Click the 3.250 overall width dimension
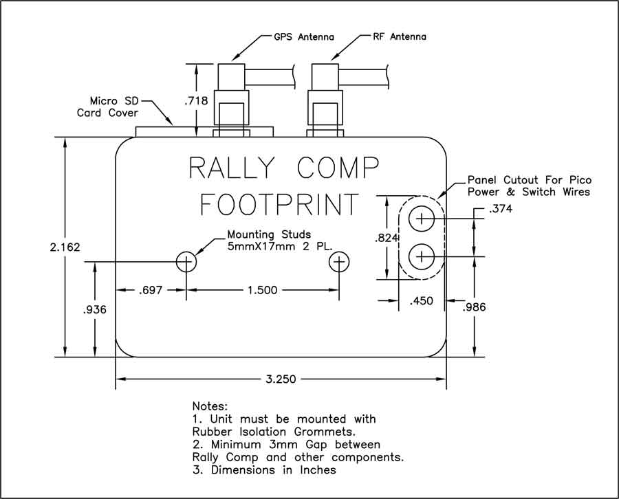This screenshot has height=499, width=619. (x=280, y=379)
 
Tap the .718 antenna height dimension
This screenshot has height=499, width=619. (x=197, y=100)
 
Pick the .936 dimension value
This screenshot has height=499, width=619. (x=94, y=310)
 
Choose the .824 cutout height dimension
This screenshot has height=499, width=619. (x=385, y=238)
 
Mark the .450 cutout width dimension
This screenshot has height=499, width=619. (x=422, y=300)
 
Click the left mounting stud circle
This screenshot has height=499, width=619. (x=186, y=261)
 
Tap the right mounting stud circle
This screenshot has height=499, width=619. (x=339, y=261)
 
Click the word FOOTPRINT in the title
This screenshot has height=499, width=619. (x=279, y=204)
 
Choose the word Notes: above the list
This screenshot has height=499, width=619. (x=210, y=406)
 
